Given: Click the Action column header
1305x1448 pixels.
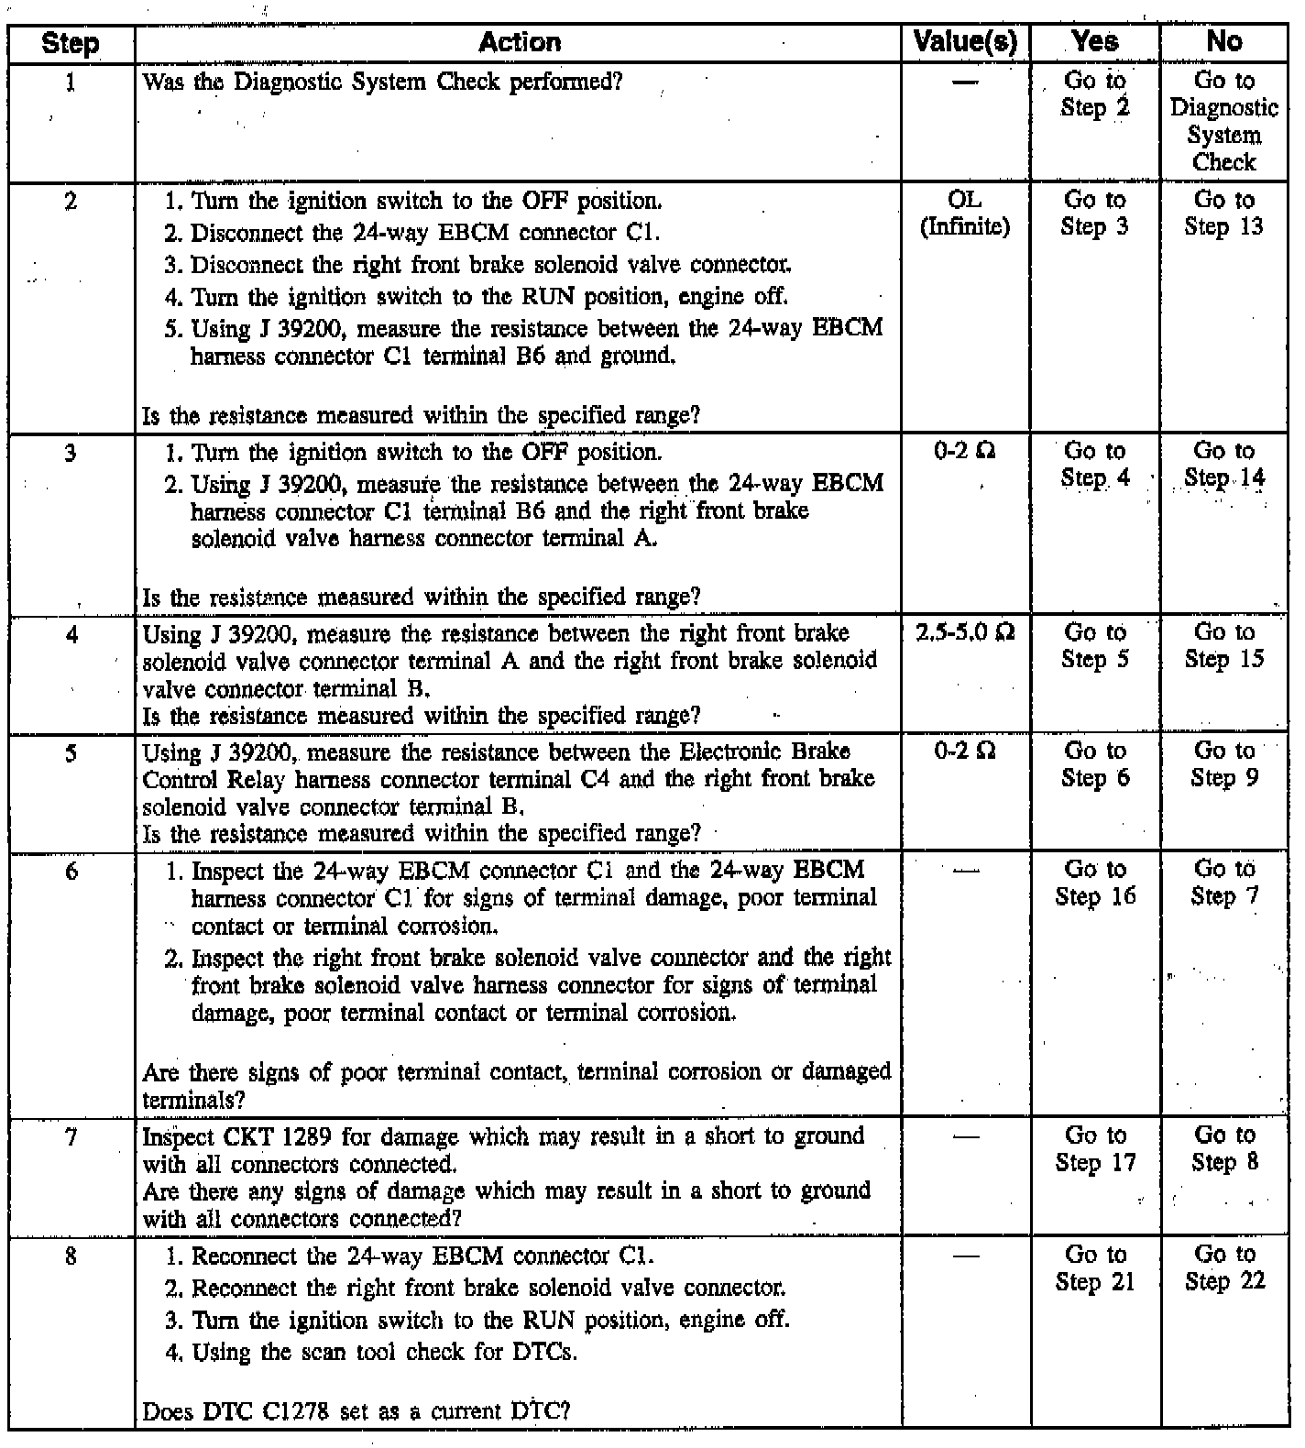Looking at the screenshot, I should pos(519,42).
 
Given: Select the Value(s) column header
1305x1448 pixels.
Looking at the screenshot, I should pos(965,42).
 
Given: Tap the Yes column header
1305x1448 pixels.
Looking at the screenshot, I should pos(1095,42).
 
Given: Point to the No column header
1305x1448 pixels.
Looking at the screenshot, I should pos(1224,42).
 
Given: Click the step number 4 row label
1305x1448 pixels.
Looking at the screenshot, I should pos(71,634).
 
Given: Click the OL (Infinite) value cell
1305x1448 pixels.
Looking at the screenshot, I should pos(965,214).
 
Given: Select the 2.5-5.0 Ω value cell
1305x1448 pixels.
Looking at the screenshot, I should pos(965,633).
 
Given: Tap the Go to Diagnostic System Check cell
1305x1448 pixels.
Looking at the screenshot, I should pos(1224,121).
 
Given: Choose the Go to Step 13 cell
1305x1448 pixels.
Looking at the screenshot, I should pos(1224,214).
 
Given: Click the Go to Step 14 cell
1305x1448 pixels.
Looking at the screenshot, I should pos(1224,465).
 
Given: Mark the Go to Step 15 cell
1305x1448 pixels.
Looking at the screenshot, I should pos(1224,646).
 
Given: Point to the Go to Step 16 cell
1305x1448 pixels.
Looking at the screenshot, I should pos(1095,883).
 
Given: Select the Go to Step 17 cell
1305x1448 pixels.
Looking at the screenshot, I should pos(1095,1149).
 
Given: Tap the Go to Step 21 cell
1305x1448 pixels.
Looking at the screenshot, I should pos(1095,1268).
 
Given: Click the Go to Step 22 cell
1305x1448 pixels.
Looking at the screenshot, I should pos(1224,1268).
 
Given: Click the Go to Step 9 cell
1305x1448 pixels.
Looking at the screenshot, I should pos(1224,764).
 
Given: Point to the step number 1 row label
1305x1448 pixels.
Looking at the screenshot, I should pos(71,82).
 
